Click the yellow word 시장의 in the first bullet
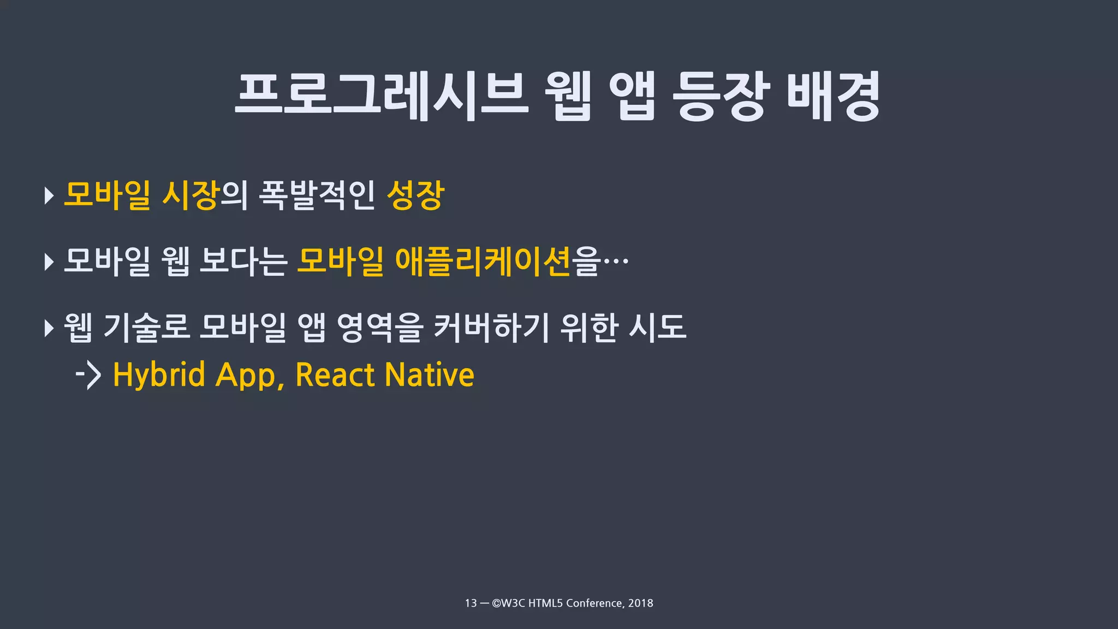tap(205, 195)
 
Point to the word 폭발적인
tap(317, 195)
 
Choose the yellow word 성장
tap(415, 195)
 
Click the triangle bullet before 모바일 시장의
tap(49, 195)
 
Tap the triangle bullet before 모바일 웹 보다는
tap(49, 262)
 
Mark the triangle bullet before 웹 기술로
tap(49, 328)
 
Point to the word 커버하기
tap(491, 327)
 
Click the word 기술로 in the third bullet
tap(146, 327)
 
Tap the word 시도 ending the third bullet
tap(657, 327)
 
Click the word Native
tap(430, 375)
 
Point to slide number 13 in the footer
tap(471, 603)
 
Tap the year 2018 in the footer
tap(640, 603)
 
